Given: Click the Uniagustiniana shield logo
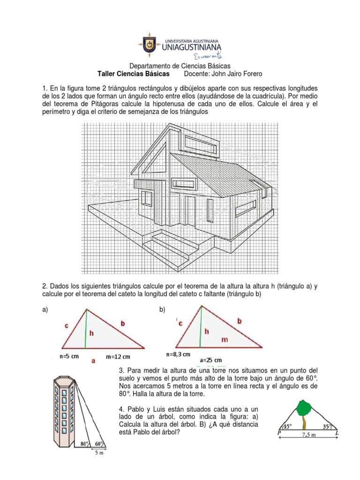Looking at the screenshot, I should [149, 46].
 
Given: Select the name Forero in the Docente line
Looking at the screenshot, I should [251, 74].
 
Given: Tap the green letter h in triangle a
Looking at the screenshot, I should [91, 333].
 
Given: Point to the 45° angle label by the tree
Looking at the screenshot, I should [286, 427].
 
